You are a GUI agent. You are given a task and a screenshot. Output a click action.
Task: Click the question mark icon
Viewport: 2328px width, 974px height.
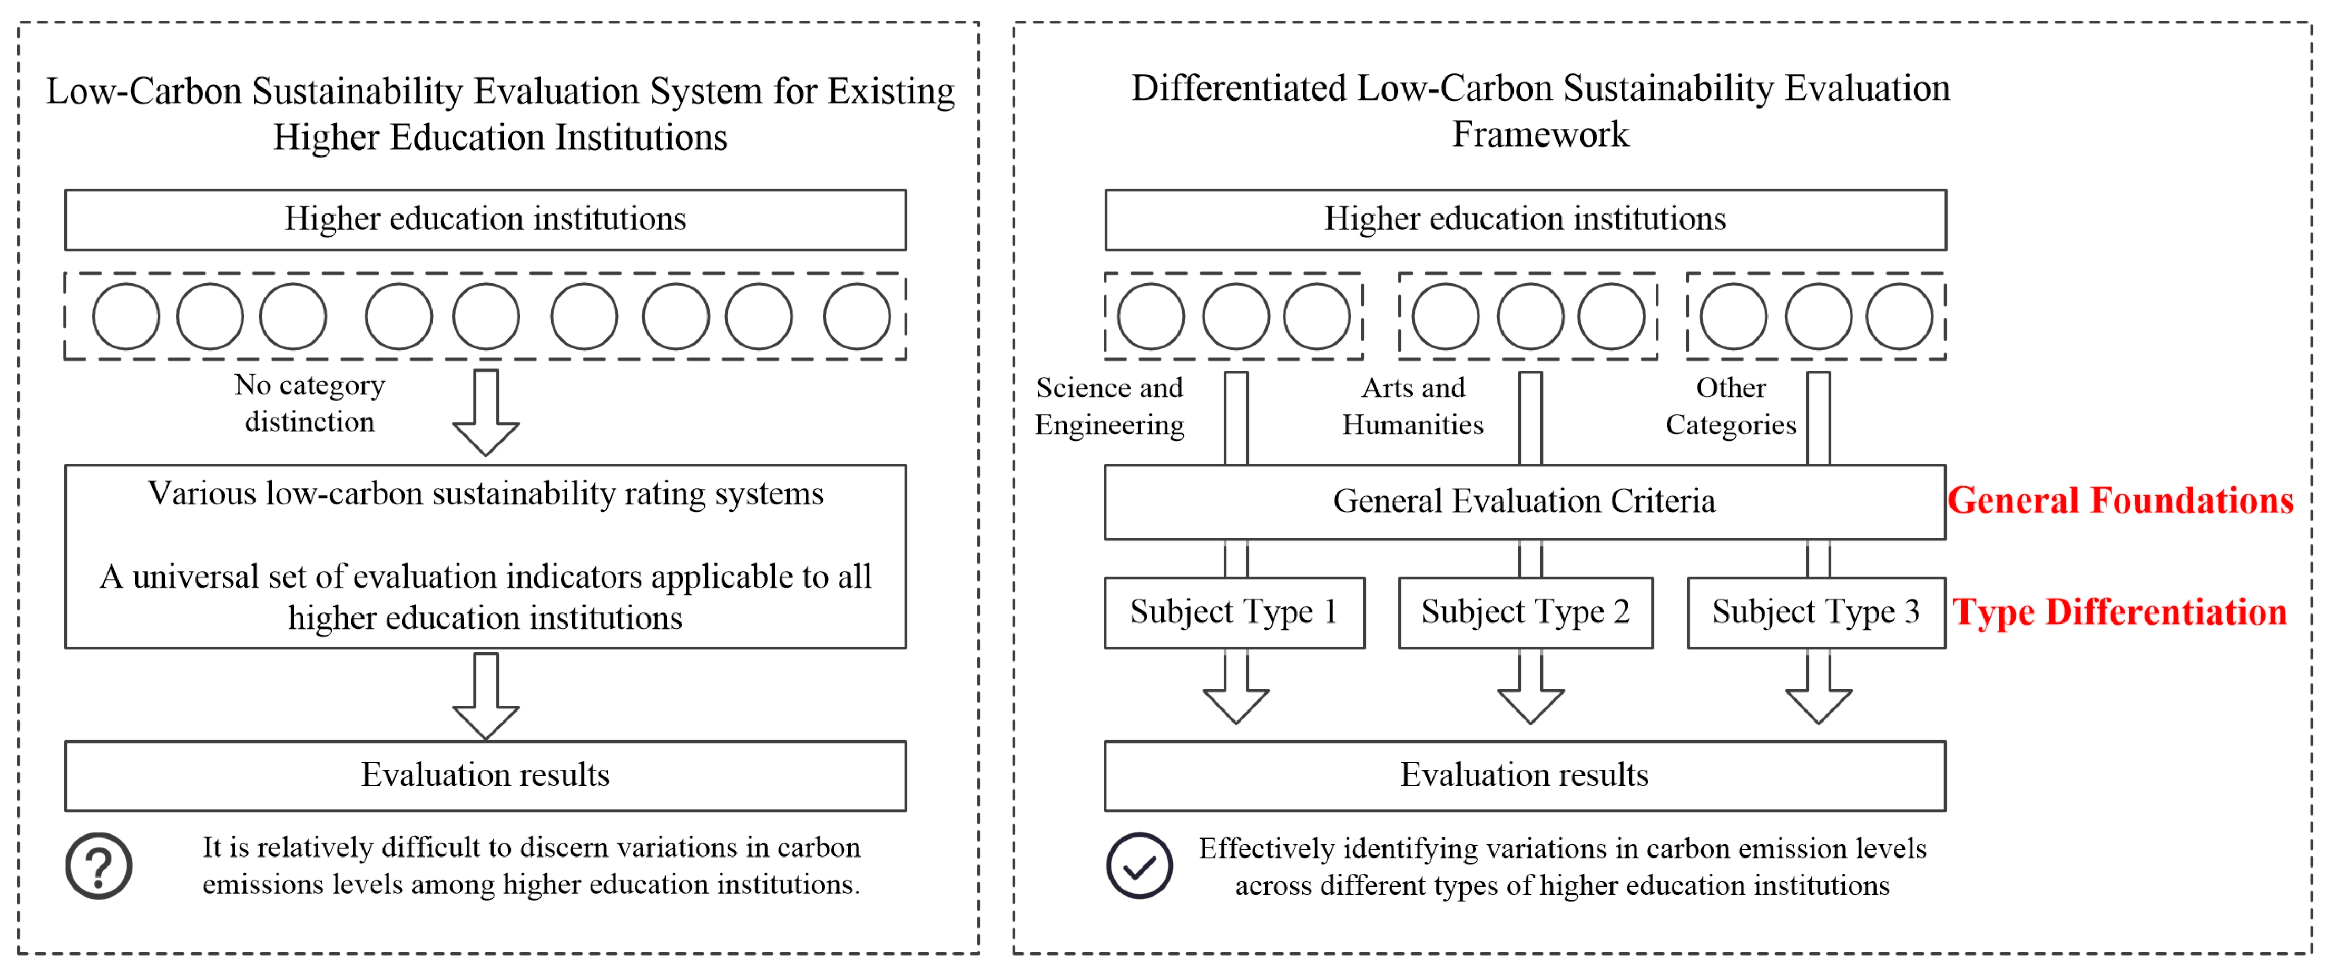point(99,865)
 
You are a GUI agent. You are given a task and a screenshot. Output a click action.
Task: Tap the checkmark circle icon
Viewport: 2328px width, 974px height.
point(1140,865)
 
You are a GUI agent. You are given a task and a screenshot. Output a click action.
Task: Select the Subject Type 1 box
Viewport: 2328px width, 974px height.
point(1234,612)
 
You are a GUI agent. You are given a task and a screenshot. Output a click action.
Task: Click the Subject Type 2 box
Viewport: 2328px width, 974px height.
point(1526,612)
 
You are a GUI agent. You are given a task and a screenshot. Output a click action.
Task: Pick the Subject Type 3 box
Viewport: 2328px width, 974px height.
point(1815,612)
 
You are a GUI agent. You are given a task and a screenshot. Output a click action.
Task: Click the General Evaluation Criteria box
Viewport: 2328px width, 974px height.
point(1525,501)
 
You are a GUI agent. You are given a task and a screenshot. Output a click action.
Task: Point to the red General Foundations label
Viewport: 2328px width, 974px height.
point(2120,500)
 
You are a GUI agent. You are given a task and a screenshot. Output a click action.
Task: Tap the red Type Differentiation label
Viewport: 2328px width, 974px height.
point(2120,612)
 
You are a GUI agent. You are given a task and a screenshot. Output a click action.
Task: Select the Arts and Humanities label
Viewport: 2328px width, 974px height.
point(1412,406)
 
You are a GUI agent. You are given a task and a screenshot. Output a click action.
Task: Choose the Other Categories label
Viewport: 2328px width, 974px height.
point(1731,406)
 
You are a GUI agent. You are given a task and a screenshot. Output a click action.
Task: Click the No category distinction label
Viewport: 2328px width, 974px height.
point(310,403)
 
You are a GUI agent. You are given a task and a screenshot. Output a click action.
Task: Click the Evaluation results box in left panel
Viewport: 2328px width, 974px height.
point(485,775)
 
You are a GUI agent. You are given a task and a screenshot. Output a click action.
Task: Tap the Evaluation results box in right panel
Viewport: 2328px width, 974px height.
point(1525,775)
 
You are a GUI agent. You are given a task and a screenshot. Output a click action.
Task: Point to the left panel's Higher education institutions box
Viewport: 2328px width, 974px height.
point(485,220)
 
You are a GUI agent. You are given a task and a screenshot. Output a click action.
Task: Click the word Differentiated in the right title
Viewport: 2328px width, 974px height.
point(1238,89)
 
